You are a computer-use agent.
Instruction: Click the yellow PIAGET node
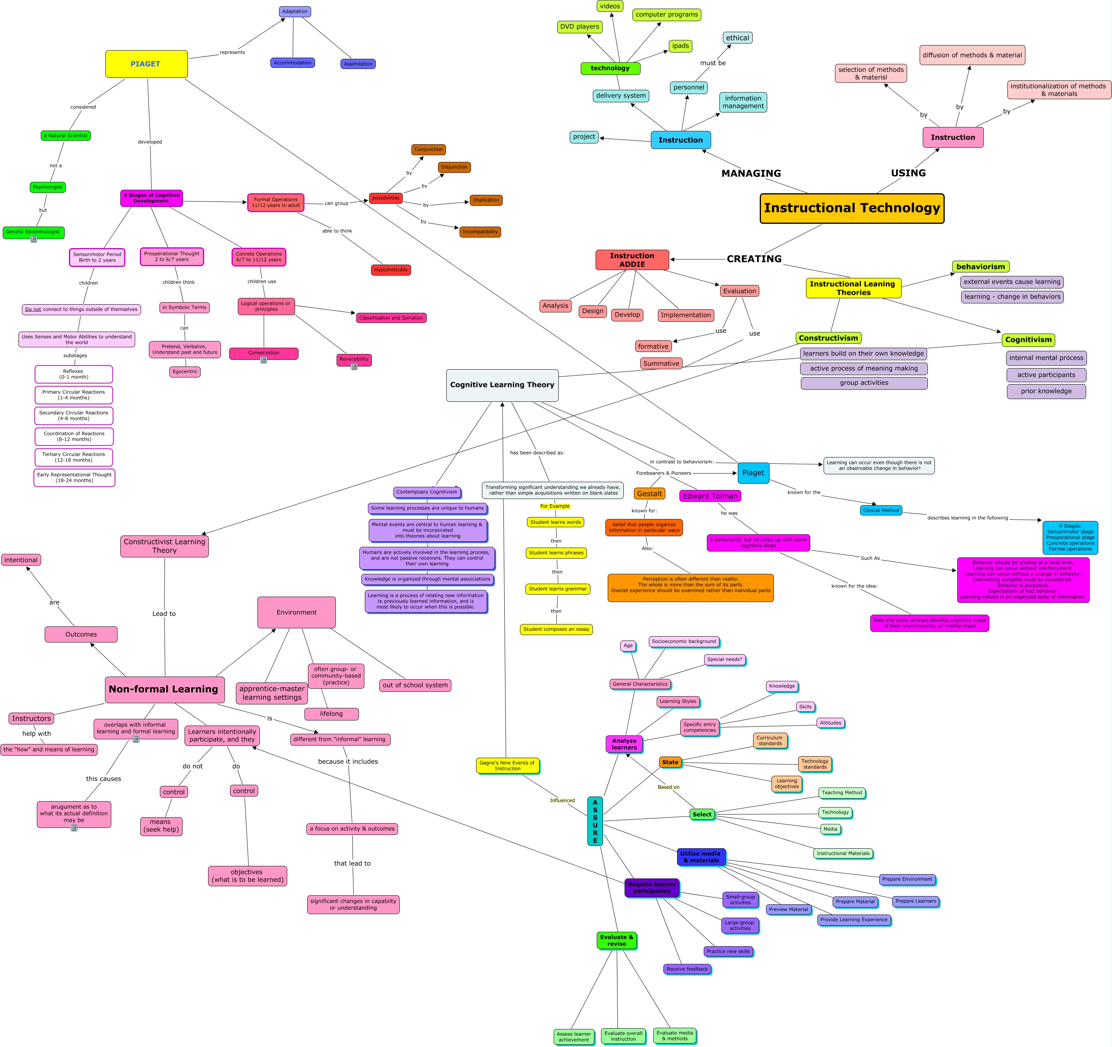(x=146, y=64)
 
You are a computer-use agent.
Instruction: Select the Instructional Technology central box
(x=851, y=208)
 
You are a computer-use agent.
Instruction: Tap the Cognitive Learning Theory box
(x=502, y=385)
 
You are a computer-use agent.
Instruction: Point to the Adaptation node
(x=295, y=12)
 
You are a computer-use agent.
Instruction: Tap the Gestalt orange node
(x=649, y=494)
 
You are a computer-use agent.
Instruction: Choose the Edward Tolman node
(x=710, y=496)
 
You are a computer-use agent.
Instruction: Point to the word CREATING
(x=754, y=259)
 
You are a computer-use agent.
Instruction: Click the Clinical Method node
(x=880, y=510)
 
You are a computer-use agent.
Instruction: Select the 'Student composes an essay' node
(x=556, y=629)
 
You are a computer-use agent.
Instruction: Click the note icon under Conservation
(x=263, y=360)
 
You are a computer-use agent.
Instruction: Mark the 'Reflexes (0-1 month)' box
(x=73, y=374)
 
